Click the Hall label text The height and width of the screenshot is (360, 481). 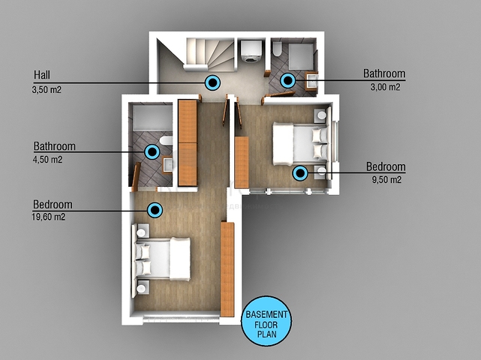pyautogui.click(x=42, y=75)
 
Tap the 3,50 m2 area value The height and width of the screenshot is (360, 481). pyautogui.click(x=47, y=90)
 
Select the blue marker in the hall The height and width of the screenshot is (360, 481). pyautogui.click(x=212, y=82)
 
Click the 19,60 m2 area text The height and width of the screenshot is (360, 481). pyautogui.click(x=49, y=217)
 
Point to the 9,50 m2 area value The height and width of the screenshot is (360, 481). pyautogui.click(x=386, y=179)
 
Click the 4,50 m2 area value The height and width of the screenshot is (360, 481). pyautogui.click(x=47, y=160)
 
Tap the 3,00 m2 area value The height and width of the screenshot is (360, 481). pyautogui.click(x=385, y=87)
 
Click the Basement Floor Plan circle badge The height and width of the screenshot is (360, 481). pyautogui.click(x=266, y=321)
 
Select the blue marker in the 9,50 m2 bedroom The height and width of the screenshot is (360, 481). pyautogui.click(x=300, y=173)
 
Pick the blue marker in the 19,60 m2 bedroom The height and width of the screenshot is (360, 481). pyautogui.click(x=155, y=210)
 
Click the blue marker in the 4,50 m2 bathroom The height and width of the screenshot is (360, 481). pyautogui.click(x=152, y=151)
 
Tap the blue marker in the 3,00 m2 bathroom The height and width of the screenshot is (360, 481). pyautogui.click(x=287, y=81)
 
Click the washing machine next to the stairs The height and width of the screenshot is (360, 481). pyautogui.click(x=252, y=51)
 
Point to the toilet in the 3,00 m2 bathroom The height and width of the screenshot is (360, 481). pyautogui.click(x=277, y=49)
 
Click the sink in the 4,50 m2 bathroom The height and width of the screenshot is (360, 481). pyautogui.click(x=167, y=165)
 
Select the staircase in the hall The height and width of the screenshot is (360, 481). pyautogui.click(x=209, y=55)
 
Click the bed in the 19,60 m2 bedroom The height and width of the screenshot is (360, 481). pyautogui.click(x=162, y=259)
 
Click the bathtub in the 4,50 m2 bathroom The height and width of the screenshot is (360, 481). pyautogui.click(x=152, y=118)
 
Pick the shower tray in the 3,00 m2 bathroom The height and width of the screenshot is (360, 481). pyautogui.click(x=301, y=56)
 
